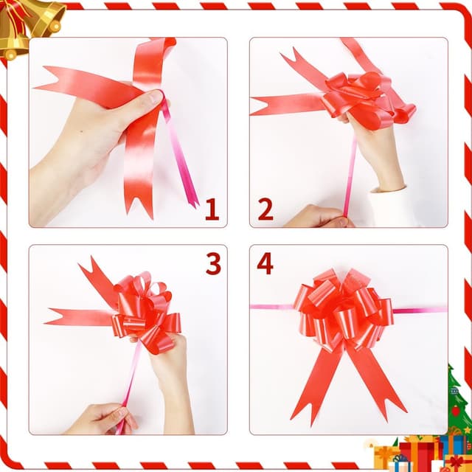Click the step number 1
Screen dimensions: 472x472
[x=212, y=209]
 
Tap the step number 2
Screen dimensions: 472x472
[x=265, y=209]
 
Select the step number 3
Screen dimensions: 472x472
[x=213, y=263]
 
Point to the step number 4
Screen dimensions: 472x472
[x=265, y=263]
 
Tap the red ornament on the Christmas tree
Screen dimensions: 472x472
[x=456, y=411]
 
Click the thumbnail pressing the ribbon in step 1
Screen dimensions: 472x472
[x=155, y=97]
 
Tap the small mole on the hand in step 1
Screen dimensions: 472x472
[x=82, y=131]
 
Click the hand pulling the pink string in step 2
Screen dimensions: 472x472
[x=319, y=216]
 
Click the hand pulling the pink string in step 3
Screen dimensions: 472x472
[x=103, y=419]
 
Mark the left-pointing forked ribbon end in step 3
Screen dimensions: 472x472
[x=53, y=317]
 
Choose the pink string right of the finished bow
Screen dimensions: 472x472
[x=420, y=310]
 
